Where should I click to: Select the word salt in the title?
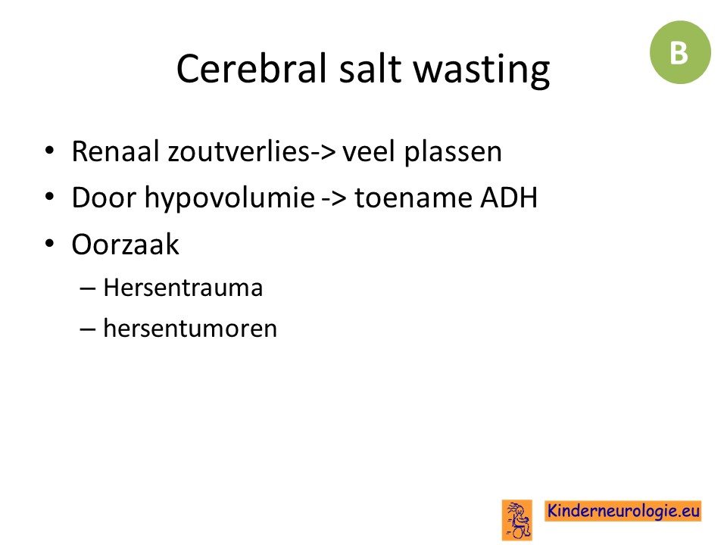coord(370,69)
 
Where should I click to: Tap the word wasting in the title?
coord(482,70)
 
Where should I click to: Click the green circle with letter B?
coord(680,52)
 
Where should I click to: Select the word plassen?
coord(453,152)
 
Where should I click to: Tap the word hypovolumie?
coord(230,199)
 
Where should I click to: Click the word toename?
coord(413,198)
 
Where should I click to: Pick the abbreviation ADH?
coord(509,198)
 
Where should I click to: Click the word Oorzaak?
coord(125,244)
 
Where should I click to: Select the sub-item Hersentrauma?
coord(183,288)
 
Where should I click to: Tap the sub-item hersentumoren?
coord(190,328)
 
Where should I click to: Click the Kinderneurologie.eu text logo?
coord(622,511)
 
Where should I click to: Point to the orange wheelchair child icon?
coord(516,520)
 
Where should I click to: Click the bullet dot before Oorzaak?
coord(50,244)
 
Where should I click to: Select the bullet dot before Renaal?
coord(50,151)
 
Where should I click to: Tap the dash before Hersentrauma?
coord(88,288)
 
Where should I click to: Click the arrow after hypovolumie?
coord(334,199)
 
